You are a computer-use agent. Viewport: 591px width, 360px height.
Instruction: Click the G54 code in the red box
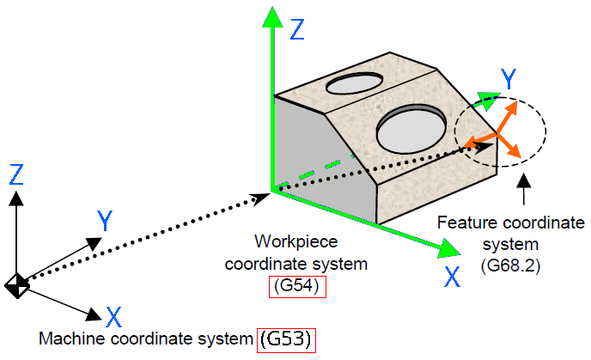click(297, 286)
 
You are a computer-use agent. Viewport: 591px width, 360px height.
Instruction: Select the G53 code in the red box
click(286, 340)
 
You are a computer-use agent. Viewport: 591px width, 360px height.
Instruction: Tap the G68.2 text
click(511, 266)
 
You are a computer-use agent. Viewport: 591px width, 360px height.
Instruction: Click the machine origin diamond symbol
click(17, 286)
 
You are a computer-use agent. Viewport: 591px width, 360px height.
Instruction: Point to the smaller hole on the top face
click(354, 83)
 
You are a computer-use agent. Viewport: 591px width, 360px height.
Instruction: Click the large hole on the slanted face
click(411, 129)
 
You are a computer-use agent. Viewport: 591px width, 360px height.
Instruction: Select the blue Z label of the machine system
click(16, 174)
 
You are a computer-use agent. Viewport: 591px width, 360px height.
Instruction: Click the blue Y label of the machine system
click(105, 221)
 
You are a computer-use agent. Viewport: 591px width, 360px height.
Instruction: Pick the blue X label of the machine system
click(114, 317)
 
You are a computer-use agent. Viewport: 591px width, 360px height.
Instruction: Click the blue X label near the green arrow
click(453, 277)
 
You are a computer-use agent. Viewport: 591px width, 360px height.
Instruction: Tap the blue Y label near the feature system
click(509, 79)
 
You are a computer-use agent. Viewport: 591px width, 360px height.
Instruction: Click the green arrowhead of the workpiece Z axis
click(272, 17)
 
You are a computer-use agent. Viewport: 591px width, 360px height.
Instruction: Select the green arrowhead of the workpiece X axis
click(449, 248)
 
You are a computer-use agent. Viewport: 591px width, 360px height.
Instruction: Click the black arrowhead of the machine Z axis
click(16, 198)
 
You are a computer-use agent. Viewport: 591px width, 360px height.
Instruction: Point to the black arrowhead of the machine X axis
click(94, 314)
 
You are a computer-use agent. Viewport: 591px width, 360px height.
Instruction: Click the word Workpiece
click(296, 241)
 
